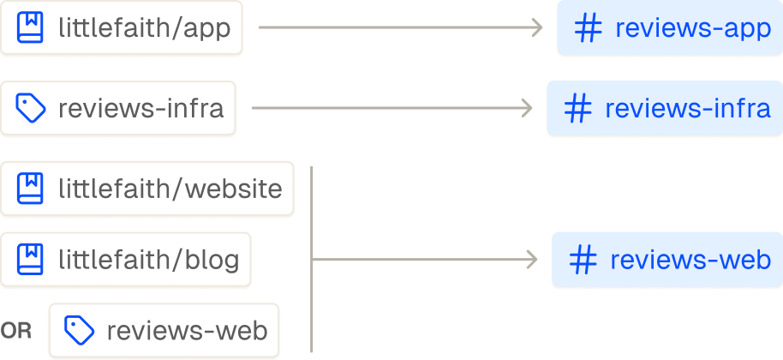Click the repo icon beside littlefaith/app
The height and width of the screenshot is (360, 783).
(x=30, y=28)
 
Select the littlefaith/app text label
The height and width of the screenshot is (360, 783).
(x=144, y=28)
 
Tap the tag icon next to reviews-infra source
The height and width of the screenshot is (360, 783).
(x=30, y=109)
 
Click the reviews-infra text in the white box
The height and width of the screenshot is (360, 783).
(x=140, y=109)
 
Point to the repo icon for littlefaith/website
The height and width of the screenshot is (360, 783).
(x=30, y=188)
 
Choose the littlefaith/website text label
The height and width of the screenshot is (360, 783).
(x=170, y=188)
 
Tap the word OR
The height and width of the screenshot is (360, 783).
(x=16, y=331)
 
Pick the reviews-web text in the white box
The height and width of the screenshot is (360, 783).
(x=187, y=330)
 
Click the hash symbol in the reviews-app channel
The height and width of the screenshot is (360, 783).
(x=587, y=28)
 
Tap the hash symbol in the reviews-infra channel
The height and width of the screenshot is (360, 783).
(x=577, y=109)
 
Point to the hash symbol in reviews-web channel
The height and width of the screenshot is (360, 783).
(x=583, y=260)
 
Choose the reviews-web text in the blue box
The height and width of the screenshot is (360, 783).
(x=690, y=260)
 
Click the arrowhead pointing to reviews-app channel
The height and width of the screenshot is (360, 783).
(x=538, y=28)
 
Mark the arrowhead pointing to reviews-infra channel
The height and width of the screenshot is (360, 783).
(x=528, y=109)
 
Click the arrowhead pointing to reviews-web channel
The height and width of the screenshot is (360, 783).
(x=533, y=260)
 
